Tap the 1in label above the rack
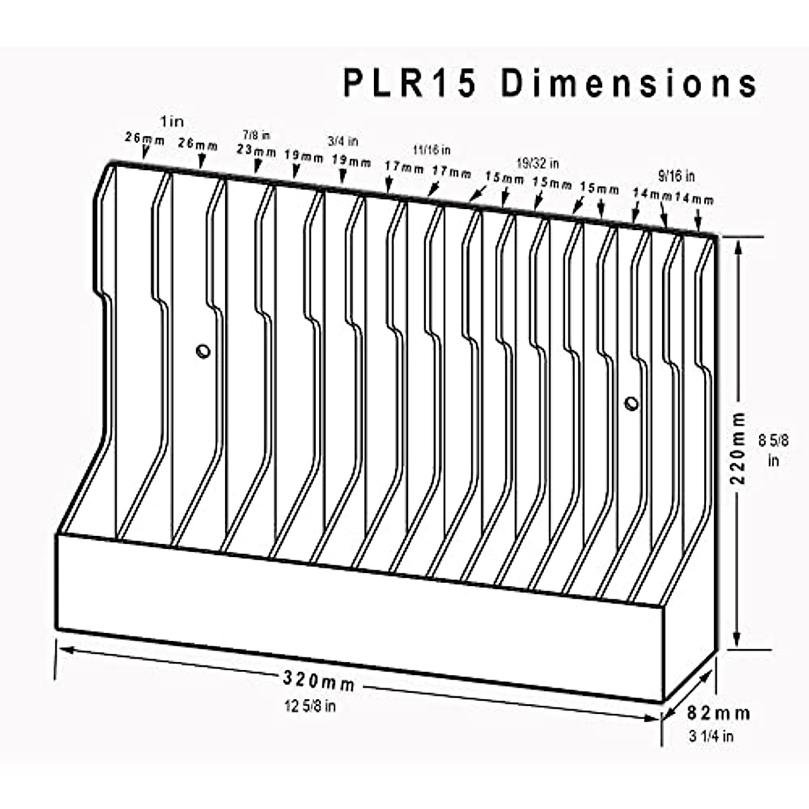(x=171, y=121)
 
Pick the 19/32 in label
(x=537, y=163)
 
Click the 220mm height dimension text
(x=740, y=448)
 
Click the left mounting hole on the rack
(x=202, y=351)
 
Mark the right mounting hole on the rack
(x=631, y=403)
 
